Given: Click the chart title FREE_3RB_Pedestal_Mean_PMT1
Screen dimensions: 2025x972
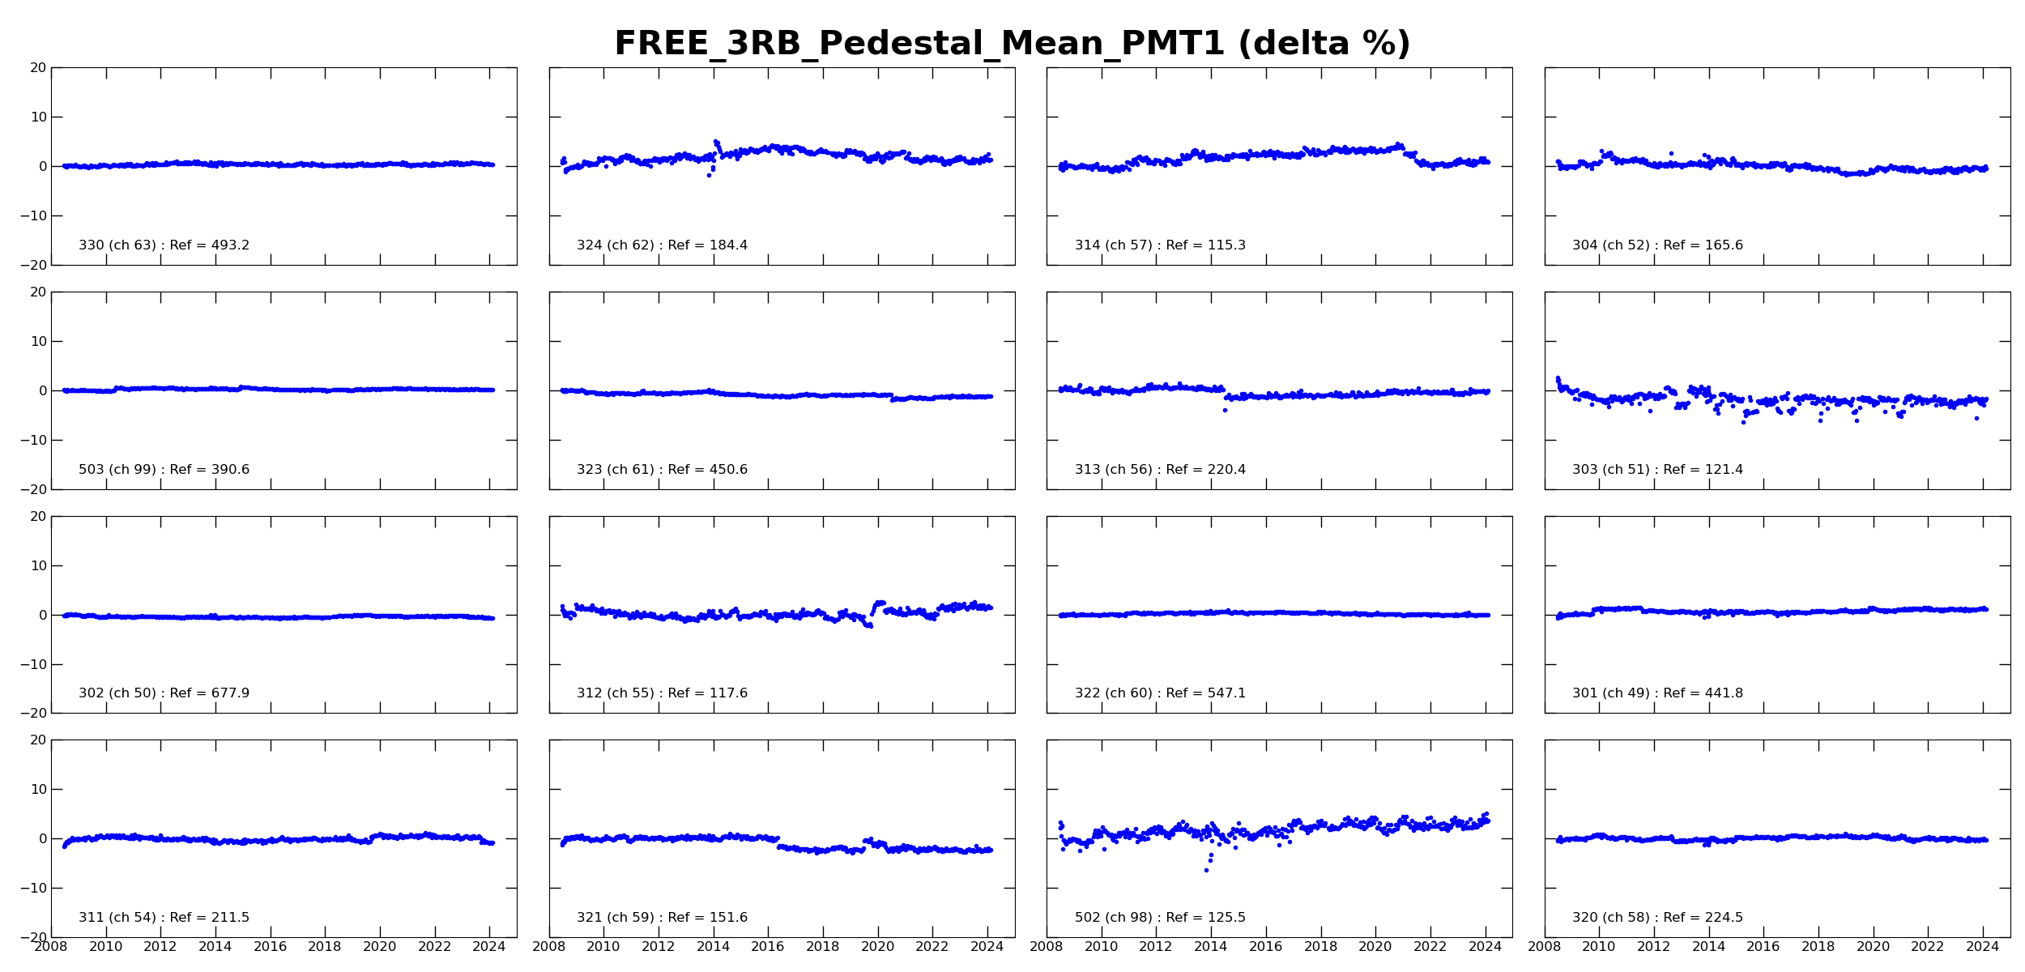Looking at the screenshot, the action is click(919, 44).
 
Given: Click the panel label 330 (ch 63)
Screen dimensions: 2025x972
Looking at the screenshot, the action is click(117, 245).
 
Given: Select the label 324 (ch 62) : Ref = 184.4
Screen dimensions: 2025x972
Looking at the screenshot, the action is click(662, 245).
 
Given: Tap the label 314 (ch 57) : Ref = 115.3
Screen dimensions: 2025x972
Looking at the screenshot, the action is click(1160, 245).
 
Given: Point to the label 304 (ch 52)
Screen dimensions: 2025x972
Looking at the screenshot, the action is click(1611, 245).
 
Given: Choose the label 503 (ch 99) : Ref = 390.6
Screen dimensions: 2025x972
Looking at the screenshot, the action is click(164, 470).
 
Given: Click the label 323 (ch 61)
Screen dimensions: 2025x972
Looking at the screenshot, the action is click(616, 470).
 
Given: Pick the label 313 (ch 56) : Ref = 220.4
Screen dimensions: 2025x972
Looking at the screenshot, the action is click(1160, 470).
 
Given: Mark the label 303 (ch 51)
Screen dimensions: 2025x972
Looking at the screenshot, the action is click(1611, 470).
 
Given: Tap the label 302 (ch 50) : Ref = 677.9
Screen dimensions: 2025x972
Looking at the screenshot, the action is click(164, 693).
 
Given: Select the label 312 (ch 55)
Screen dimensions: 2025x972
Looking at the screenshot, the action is click(616, 693).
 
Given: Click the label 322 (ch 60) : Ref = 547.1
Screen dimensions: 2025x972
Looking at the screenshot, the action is click(1160, 693).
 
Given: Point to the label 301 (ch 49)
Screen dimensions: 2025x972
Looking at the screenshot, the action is click(1611, 693).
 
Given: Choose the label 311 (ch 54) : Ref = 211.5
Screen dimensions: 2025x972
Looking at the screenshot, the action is click(164, 918).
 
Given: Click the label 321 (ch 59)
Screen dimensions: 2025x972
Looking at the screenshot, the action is click(616, 918).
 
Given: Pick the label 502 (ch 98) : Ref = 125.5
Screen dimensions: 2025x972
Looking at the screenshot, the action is click(1160, 918).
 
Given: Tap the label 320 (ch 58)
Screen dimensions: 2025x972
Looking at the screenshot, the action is click(1611, 918).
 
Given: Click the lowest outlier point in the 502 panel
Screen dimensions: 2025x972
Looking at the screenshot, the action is click(1206, 871).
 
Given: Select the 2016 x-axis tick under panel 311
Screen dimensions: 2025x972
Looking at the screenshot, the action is click(271, 947).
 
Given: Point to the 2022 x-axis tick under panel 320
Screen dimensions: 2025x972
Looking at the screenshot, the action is click(1928, 947).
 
